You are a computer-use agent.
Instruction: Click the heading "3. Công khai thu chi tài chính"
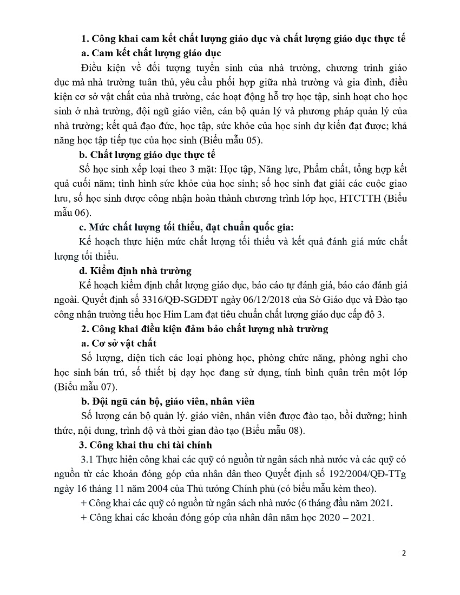pyautogui.click(x=146, y=445)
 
